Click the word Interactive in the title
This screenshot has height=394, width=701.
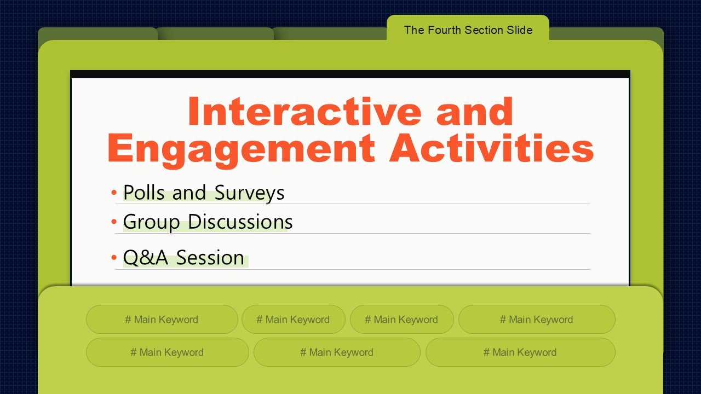point(304,111)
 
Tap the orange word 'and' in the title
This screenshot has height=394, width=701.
point(474,111)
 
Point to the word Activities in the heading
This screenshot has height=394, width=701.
point(491,147)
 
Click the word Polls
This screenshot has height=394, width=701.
point(144,192)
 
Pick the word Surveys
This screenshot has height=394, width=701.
point(249,193)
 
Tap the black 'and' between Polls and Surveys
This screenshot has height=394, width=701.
point(189,192)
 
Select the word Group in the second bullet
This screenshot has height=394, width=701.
point(151,223)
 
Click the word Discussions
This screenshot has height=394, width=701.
point(240,222)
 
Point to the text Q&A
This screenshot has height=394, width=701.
point(146,258)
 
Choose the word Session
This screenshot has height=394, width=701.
point(210,258)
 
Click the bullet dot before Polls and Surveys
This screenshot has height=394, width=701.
point(114,192)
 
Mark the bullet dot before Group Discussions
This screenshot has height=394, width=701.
point(114,222)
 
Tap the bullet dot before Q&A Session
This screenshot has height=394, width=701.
point(114,258)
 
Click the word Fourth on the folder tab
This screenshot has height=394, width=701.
point(444,30)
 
